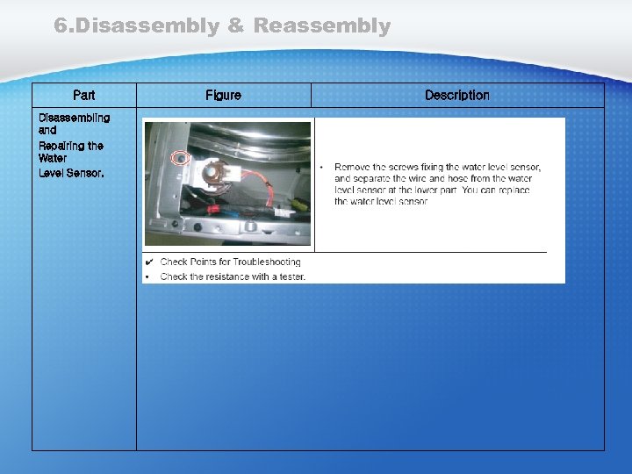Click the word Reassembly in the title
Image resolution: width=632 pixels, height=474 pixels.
click(x=321, y=26)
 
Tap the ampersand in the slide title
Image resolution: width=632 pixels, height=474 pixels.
click(x=235, y=26)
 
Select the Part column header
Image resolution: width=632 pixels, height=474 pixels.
click(x=84, y=95)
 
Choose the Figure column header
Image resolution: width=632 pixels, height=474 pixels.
click(x=223, y=95)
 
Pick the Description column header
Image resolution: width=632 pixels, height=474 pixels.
click(x=456, y=95)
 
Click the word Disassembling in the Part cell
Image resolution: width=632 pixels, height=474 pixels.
click(x=74, y=118)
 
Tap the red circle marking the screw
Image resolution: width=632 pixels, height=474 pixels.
click(x=181, y=159)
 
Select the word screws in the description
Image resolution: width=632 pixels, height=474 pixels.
click(x=410, y=167)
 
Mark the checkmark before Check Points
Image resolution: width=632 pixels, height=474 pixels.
click(x=150, y=262)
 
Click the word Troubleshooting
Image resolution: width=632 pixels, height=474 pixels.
click(x=266, y=262)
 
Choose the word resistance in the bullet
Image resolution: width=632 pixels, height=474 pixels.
click(x=222, y=276)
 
